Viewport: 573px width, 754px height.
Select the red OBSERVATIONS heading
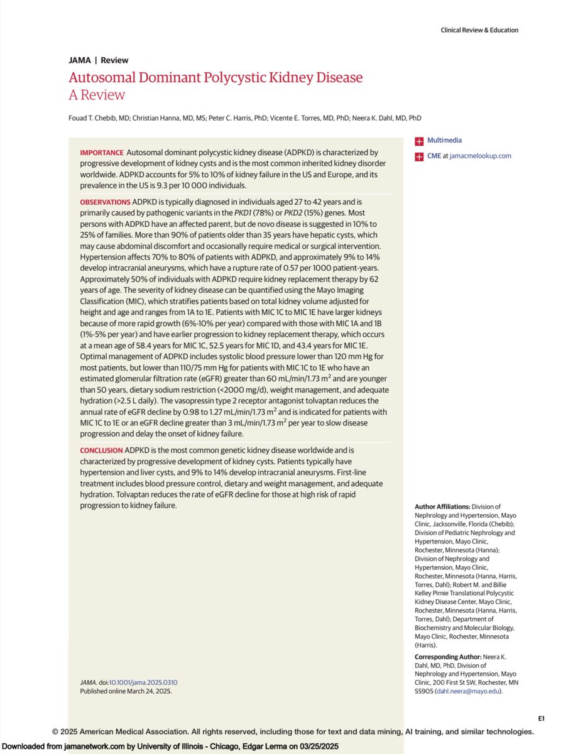105,202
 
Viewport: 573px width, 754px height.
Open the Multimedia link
444,141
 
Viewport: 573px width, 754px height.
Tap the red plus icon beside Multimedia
418,141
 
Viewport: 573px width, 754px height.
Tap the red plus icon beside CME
418,156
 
